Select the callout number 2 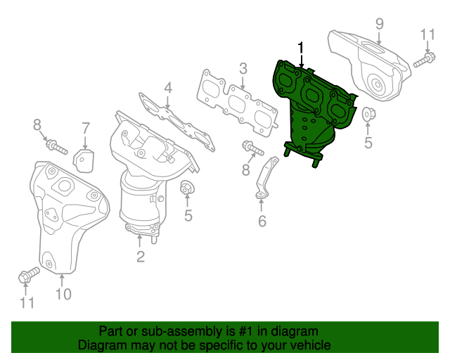[x=140, y=257]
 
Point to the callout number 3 [x=243, y=69]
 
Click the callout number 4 [x=168, y=88]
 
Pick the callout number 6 [x=262, y=221]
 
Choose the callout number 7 [x=85, y=128]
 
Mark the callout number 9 [x=379, y=23]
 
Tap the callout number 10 [x=63, y=294]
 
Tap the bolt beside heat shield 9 [x=423, y=62]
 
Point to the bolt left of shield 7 [x=55, y=147]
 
